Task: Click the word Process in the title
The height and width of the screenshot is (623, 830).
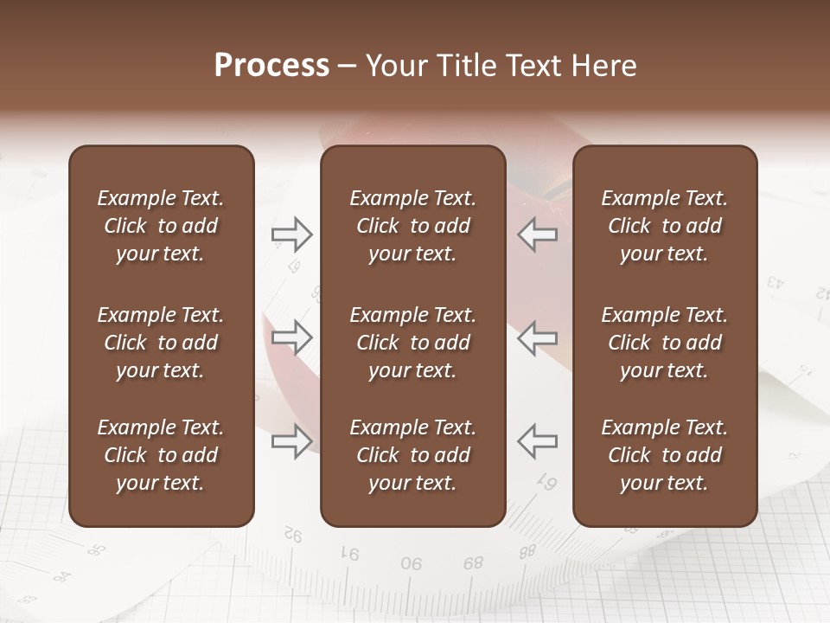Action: pos(271,66)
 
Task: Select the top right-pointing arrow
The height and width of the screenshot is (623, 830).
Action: pos(292,234)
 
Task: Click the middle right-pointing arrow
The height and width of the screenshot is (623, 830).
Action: pos(292,337)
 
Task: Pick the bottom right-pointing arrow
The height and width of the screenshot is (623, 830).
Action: pos(292,441)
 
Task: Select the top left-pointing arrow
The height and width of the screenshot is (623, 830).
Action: pos(537,234)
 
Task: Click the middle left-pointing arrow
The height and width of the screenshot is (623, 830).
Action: pos(537,337)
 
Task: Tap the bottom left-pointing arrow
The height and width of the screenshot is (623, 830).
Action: pos(537,441)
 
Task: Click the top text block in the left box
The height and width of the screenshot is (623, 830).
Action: pos(161,226)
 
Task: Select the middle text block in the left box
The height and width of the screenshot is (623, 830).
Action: pos(161,343)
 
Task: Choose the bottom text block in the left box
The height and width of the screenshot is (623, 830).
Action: pos(161,455)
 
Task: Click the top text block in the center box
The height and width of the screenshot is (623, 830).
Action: pos(412,226)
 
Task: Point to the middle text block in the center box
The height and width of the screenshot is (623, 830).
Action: pos(412,343)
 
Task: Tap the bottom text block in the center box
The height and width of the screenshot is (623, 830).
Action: pos(412,455)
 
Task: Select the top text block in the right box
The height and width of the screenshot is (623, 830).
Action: pos(664,226)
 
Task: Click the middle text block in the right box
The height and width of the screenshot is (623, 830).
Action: pos(664,343)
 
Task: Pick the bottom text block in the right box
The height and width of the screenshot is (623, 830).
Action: pos(664,455)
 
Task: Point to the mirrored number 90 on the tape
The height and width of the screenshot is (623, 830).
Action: pos(412,563)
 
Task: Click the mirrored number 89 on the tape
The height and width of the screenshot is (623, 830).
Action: pos(473,562)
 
